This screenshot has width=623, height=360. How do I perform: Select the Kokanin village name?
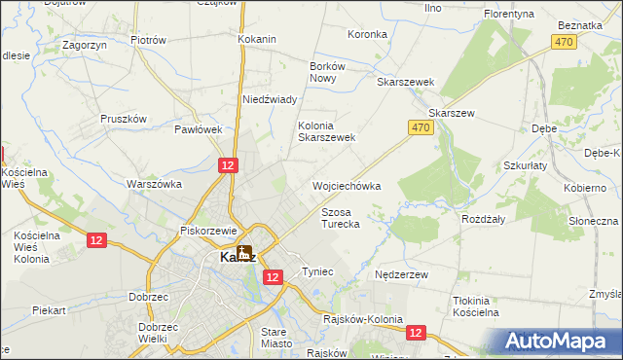(257, 39)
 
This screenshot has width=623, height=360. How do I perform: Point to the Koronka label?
(367, 34)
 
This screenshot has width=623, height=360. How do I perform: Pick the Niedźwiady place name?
(270, 99)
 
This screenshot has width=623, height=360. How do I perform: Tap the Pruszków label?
(123, 119)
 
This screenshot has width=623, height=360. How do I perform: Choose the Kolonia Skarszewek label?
(326, 131)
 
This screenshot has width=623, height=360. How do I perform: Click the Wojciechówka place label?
(346, 185)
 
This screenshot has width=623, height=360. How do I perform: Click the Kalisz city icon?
(243, 253)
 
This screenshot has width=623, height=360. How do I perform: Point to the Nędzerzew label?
(402, 275)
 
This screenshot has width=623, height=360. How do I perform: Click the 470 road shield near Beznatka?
(563, 42)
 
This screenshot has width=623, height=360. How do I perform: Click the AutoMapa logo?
(559, 341)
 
